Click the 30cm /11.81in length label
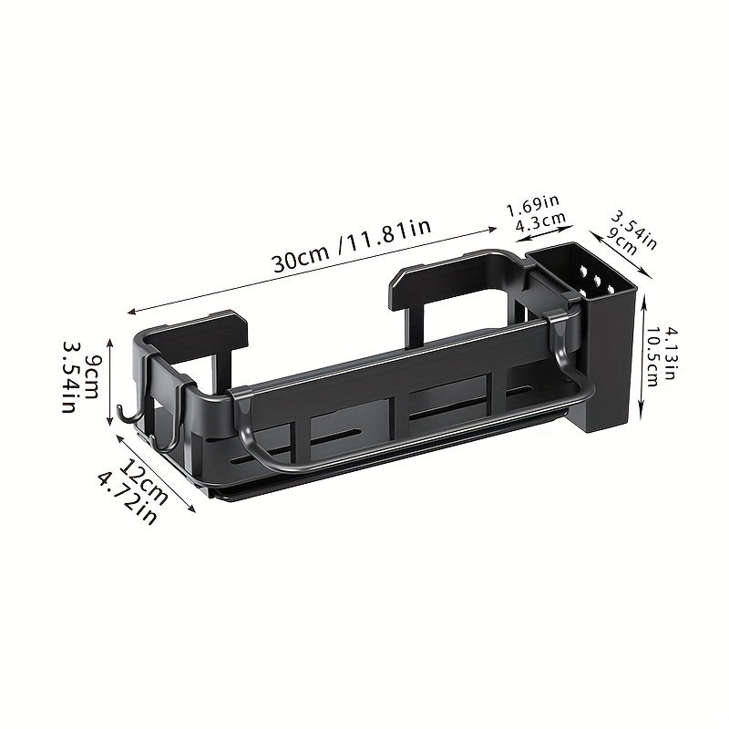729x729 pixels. (x=352, y=245)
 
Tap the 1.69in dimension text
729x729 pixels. (x=532, y=205)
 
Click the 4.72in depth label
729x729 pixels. (x=127, y=498)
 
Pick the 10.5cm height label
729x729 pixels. (x=652, y=356)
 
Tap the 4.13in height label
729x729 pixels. (x=669, y=354)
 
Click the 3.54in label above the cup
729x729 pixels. (x=633, y=230)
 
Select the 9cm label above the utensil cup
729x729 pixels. (x=622, y=241)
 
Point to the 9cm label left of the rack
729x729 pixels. (x=90, y=375)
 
